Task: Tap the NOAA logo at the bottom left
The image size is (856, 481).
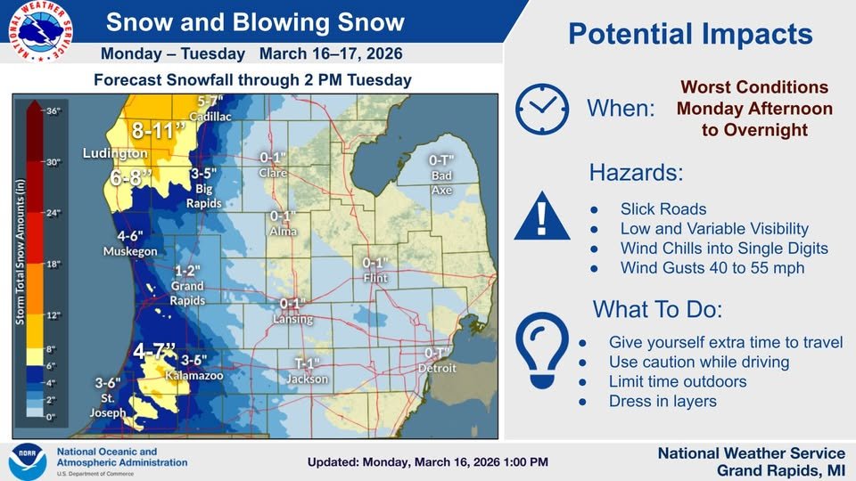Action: coord(27,461)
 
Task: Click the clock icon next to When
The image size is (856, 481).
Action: coord(542,110)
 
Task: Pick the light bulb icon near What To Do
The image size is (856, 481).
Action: coord(541,349)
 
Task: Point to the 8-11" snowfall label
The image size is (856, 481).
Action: coord(160,132)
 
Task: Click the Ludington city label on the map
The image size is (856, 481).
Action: coord(114,153)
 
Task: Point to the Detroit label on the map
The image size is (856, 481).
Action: coord(437,368)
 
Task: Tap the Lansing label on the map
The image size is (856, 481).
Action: coord(293,319)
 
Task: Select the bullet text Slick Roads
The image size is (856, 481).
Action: coord(663,209)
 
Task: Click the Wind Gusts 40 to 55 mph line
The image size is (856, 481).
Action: coord(712,268)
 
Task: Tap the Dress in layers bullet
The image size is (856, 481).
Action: coord(662,401)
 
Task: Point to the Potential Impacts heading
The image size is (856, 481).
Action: coord(690,35)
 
